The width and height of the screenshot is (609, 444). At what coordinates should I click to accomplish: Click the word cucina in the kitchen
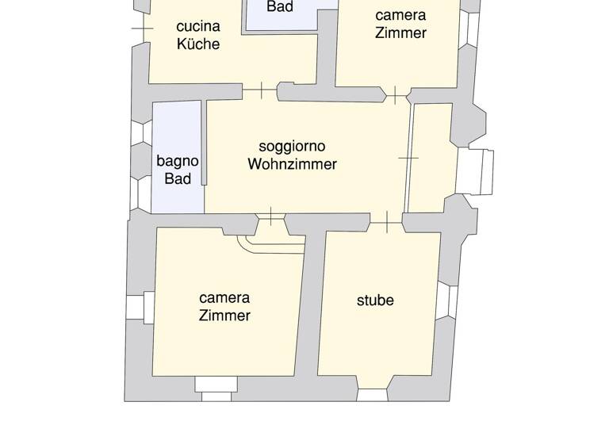click(x=197, y=25)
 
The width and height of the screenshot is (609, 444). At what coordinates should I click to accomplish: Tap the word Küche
click(x=197, y=44)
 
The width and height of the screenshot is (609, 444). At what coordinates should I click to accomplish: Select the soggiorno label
click(x=292, y=147)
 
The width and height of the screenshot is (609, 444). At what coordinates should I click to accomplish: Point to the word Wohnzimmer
click(x=292, y=165)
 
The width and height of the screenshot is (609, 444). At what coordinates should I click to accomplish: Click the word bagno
click(x=178, y=161)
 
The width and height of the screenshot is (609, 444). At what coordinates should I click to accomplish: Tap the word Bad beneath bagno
click(x=178, y=179)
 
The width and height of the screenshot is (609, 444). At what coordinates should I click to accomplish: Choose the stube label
click(x=375, y=300)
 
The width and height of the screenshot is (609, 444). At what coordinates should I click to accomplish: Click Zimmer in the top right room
click(x=400, y=33)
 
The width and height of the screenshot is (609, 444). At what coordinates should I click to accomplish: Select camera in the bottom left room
click(x=224, y=297)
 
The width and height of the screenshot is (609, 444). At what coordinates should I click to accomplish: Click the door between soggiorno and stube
click(x=386, y=223)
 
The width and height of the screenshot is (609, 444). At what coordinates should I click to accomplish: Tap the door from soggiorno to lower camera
click(x=271, y=216)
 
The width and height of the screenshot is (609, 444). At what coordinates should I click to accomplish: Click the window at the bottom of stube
click(x=373, y=394)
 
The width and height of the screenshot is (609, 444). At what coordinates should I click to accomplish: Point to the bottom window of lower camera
click(x=216, y=386)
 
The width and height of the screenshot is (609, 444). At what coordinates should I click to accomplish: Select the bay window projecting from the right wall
click(x=475, y=172)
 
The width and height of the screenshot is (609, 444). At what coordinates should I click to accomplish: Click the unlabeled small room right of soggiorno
click(x=431, y=159)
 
